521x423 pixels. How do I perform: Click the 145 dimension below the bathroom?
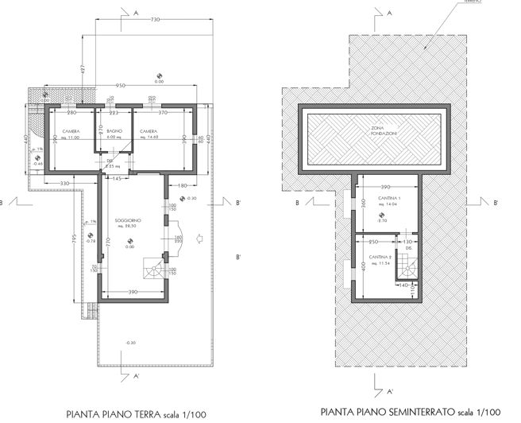coord(117,179)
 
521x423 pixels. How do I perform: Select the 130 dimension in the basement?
coord(408,241)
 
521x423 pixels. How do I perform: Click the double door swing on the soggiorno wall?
coord(176,237)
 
